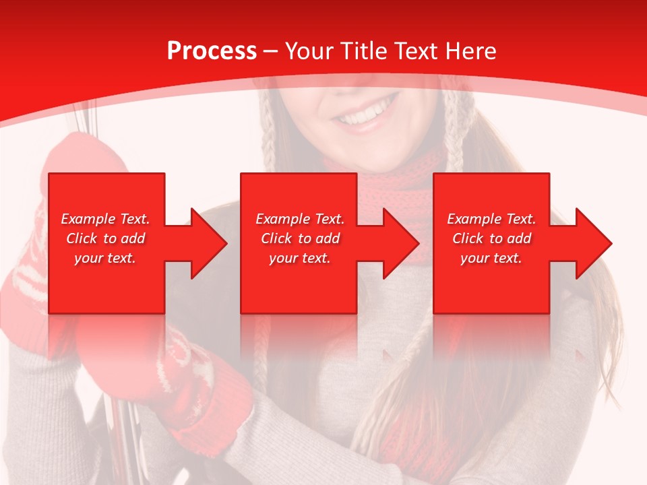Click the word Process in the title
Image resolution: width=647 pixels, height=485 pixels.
pos(212,51)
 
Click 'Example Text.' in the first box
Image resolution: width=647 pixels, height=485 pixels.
pos(105,219)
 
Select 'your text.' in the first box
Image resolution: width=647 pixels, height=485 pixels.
pos(105,258)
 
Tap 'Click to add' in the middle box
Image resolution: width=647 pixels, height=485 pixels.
pos(300,238)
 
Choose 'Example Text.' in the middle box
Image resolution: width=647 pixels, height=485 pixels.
pos(300,219)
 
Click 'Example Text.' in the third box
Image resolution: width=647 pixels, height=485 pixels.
pos(491,219)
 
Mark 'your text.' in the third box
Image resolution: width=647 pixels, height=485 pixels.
pos(491,258)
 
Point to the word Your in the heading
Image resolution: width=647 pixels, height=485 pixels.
pos(309,51)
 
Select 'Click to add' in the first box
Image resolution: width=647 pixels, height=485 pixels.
pos(105,238)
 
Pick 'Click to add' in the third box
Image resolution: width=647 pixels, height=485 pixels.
pos(491,238)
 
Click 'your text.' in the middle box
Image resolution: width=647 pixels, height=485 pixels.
pos(300,258)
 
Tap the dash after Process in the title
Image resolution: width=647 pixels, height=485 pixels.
pos(270,52)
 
